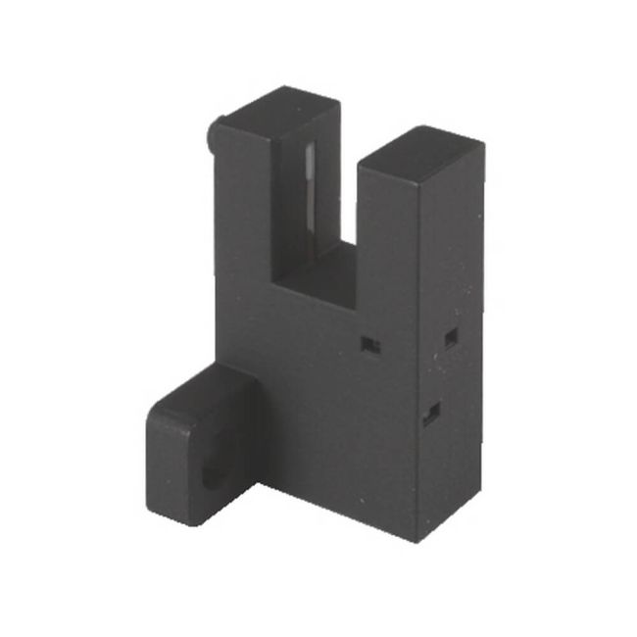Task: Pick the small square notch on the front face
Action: click(x=369, y=343)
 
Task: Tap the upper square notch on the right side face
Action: click(x=450, y=338)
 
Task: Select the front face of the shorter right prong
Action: click(x=387, y=245)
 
